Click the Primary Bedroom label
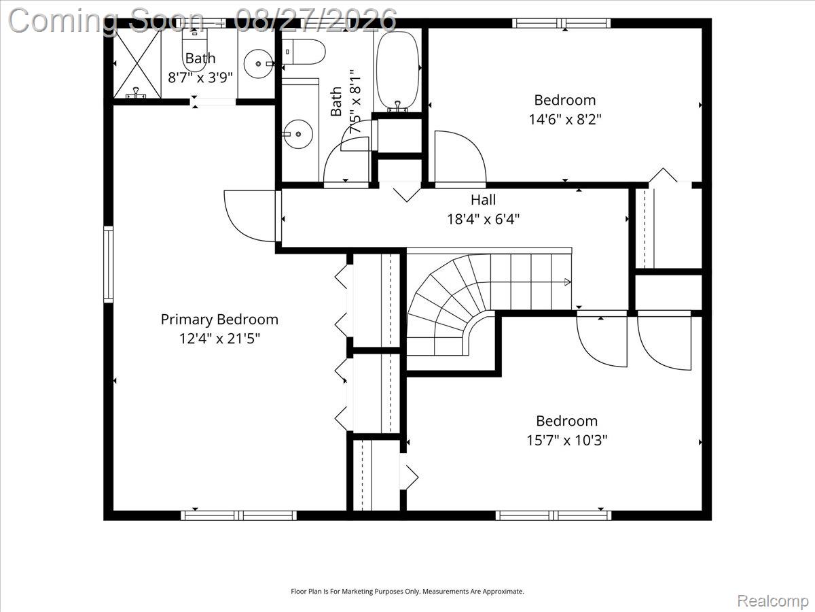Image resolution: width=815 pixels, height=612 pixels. [x=219, y=320]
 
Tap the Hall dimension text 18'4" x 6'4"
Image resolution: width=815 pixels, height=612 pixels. [x=483, y=219]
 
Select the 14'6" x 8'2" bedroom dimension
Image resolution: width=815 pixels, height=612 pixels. [x=565, y=120]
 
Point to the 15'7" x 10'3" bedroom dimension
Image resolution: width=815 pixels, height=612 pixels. [x=567, y=441]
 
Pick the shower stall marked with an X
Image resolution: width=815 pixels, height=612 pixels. [x=137, y=63]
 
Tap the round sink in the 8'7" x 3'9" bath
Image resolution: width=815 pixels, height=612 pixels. [x=259, y=63]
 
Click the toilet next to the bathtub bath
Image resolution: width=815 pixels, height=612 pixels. [x=304, y=52]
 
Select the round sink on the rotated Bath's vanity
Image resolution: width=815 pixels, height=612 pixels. [x=297, y=134]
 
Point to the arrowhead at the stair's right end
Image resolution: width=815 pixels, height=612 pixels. [x=567, y=282]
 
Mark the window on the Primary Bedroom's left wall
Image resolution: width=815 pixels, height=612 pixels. [x=108, y=265]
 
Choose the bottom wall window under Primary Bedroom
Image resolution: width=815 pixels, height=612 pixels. [x=238, y=515]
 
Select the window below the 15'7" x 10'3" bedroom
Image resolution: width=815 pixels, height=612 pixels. [x=554, y=515]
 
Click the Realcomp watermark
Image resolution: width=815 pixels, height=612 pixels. [x=772, y=601]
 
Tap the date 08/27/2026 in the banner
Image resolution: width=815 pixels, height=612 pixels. [x=315, y=20]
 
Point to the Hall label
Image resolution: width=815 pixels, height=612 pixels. [x=483, y=200]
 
